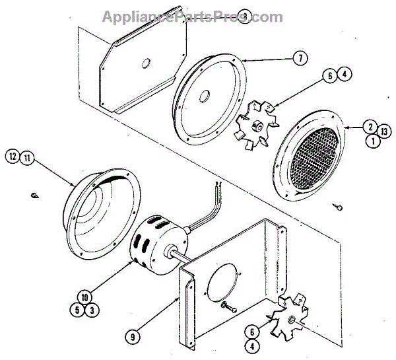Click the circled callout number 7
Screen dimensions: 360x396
coord(300,59)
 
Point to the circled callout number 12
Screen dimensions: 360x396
coord(11,157)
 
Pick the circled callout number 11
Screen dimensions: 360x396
coord(26,157)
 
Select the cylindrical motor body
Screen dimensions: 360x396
coord(153,244)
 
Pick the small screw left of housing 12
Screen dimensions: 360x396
coord(35,196)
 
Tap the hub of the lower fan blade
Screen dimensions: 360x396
coord(290,320)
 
